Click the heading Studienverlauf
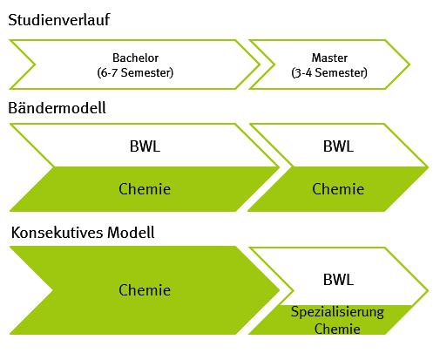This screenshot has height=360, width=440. [59, 20]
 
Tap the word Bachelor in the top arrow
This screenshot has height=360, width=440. [135, 58]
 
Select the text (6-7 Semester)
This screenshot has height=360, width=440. [135, 72]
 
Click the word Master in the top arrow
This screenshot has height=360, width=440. [329, 58]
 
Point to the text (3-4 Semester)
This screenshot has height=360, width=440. [329, 72]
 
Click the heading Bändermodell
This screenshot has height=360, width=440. [57, 108]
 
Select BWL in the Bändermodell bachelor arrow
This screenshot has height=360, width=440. [145, 146]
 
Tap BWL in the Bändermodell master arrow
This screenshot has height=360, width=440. [338, 146]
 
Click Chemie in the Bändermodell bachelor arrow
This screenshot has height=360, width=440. [145, 189]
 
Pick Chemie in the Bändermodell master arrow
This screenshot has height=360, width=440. [338, 189]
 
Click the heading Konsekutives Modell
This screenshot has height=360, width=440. [83, 233]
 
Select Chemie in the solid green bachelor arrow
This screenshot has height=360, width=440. [145, 290]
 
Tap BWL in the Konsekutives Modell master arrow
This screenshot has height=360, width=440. [338, 280]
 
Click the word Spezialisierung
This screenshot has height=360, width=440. [337, 312]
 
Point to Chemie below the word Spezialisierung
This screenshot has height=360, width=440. [337, 329]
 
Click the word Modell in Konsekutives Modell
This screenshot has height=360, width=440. [131, 233]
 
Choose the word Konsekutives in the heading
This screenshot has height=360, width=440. [57, 233]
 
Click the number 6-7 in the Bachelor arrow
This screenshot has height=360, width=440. [109, 72]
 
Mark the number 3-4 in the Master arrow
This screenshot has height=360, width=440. [303, 72]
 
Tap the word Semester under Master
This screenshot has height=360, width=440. [340, 72]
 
